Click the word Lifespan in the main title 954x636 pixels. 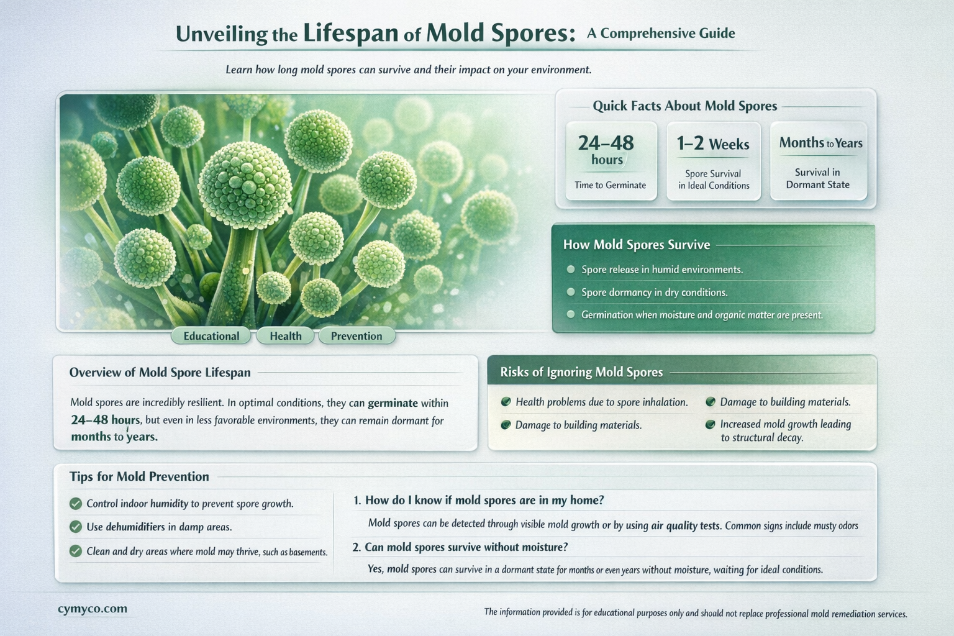click(350, 33)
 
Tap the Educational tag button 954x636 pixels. click(211, 336)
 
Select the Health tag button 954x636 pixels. click(285, 336)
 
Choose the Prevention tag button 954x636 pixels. click(357, 336)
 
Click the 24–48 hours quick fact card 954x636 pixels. click(611, 161)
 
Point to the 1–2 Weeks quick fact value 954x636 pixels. click(713, 144)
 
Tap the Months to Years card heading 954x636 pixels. click(820, 143)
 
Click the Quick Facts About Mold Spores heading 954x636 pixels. click(684, 106)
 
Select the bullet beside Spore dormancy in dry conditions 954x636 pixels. click(571, 292)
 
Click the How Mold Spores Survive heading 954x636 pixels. click(636, 245)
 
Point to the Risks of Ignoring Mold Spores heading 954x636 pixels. click(581, 372)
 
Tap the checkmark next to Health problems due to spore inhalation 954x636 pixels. click(506, 402)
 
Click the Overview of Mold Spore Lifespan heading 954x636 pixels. click(160, 373)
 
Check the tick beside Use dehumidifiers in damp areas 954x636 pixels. click(76, 527)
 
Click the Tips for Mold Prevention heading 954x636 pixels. click(139, 476)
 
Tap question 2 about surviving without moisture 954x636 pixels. click(460, 547)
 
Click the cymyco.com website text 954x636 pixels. click(93, 609)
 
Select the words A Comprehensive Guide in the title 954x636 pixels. click(661, 33)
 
